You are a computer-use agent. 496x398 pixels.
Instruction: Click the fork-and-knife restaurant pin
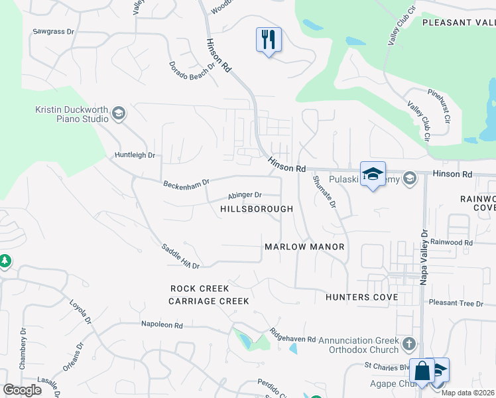point(269,40)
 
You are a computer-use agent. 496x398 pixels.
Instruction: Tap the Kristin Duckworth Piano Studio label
point(72,114)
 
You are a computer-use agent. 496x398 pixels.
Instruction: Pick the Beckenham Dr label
point(186,182)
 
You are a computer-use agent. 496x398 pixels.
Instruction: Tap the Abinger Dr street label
point(245,195)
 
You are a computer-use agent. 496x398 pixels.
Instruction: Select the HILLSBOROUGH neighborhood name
point(257,209)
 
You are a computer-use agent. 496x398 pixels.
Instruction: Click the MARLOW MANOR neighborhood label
point(304,247)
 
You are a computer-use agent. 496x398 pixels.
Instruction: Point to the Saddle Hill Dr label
point(180,256)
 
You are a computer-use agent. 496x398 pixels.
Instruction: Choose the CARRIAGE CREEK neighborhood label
point(208,301)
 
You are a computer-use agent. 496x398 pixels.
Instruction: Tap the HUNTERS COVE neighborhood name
point(361,297)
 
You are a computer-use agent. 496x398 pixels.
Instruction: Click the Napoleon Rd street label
point(161,324)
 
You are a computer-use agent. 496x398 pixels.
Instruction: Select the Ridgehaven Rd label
point(292,334)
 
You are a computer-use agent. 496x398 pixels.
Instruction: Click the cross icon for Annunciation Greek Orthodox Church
point(409,344)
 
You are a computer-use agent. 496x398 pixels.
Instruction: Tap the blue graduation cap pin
point(373,174)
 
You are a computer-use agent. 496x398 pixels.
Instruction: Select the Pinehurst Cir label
point(439,101)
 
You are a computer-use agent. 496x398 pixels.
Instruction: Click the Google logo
point(23,390)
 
